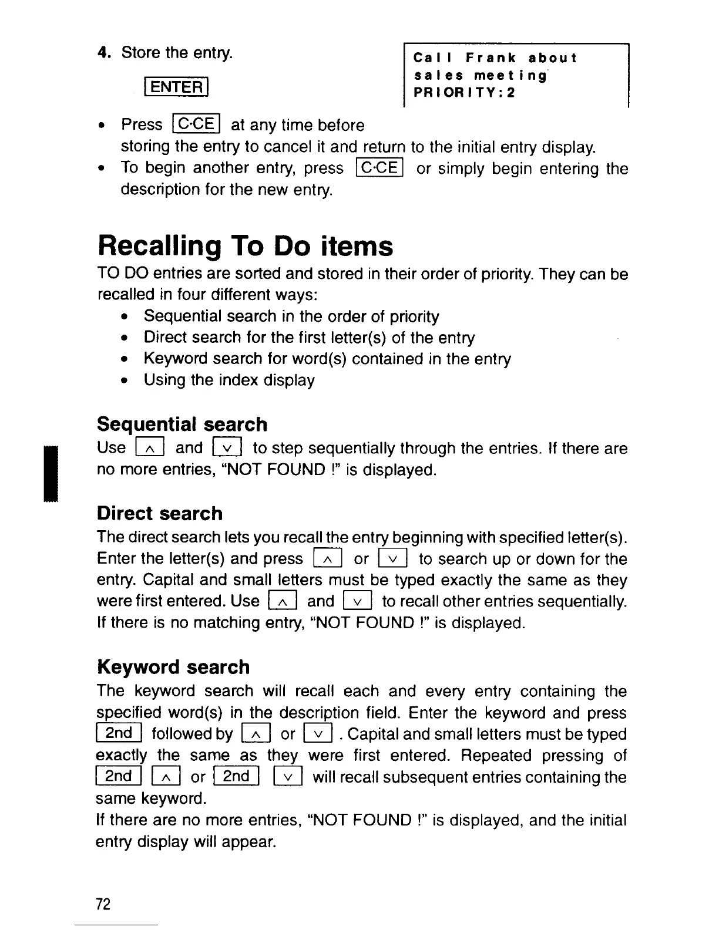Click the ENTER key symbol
(x=176, y=87)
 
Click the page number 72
(x=103, y=904)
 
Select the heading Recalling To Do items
(x=245, y=245)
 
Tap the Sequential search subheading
(x=182, y=424)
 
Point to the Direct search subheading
(x=160, y=513)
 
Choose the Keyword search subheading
(x=173, y=667)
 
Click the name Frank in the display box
(x=491, y=58)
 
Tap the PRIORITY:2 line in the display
(x=464, y=93)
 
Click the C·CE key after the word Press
(x=196, y=124)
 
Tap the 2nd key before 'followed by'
(x=119, y=734)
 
